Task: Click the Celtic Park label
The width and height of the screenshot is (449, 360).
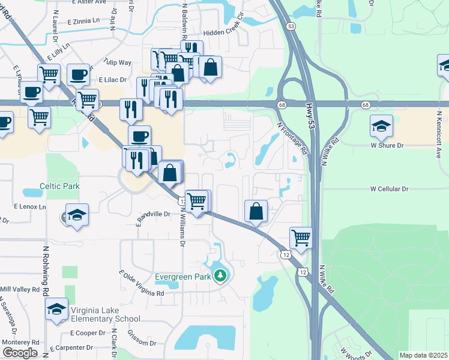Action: pos(59,187)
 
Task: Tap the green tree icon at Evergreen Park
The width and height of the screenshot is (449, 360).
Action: pos(221,276)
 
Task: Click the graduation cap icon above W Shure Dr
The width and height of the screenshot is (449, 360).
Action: pos(381,126)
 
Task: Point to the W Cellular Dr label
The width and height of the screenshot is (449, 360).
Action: pos(389,189)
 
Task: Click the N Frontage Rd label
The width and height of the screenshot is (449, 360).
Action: pos(292,140)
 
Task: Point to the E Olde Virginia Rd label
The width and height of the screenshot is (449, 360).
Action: pos(142,284)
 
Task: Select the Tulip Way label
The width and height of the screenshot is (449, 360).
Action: pos(117,62)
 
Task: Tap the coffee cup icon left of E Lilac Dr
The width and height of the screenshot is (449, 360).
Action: pos(78,75)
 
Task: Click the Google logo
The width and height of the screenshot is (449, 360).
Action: pos(19,353)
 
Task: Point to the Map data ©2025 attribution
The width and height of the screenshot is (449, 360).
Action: pos(424,355)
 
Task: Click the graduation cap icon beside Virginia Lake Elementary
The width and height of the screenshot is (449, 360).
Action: pos(57,309)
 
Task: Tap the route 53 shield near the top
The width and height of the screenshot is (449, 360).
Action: pos(291,26)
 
